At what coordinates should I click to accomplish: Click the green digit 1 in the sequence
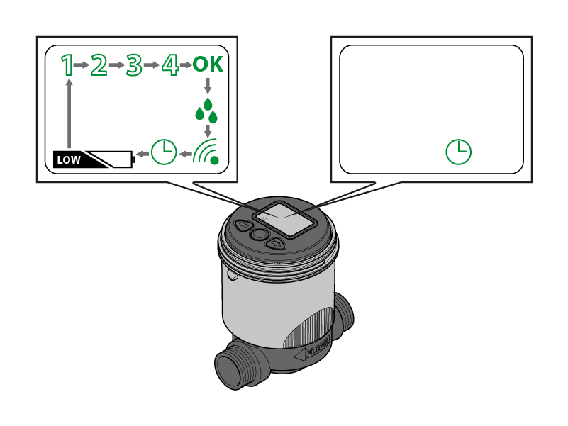click(67, 65)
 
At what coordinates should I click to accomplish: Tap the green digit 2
click(99, 65)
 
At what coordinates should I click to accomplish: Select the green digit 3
click(133, 65)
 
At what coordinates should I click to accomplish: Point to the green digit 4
click(169, 65)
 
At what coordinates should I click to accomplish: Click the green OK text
click(208, 65)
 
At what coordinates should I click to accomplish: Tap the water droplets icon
click(206, 111)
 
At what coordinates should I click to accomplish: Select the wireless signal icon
click(207, 150)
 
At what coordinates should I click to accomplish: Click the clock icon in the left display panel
click(164, 152)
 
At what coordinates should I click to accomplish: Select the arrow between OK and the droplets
click(207, 86)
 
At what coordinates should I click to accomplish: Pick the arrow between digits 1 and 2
click(82, 65)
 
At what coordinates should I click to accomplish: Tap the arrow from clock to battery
click(143, 152)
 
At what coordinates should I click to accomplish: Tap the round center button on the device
click(260, 235)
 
